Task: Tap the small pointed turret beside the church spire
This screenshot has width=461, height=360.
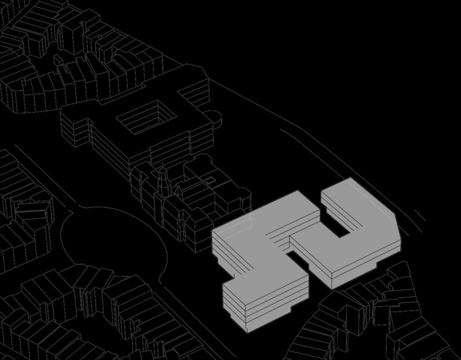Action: coord(177,189)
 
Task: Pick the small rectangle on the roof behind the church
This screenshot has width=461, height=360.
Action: coord(211,181)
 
